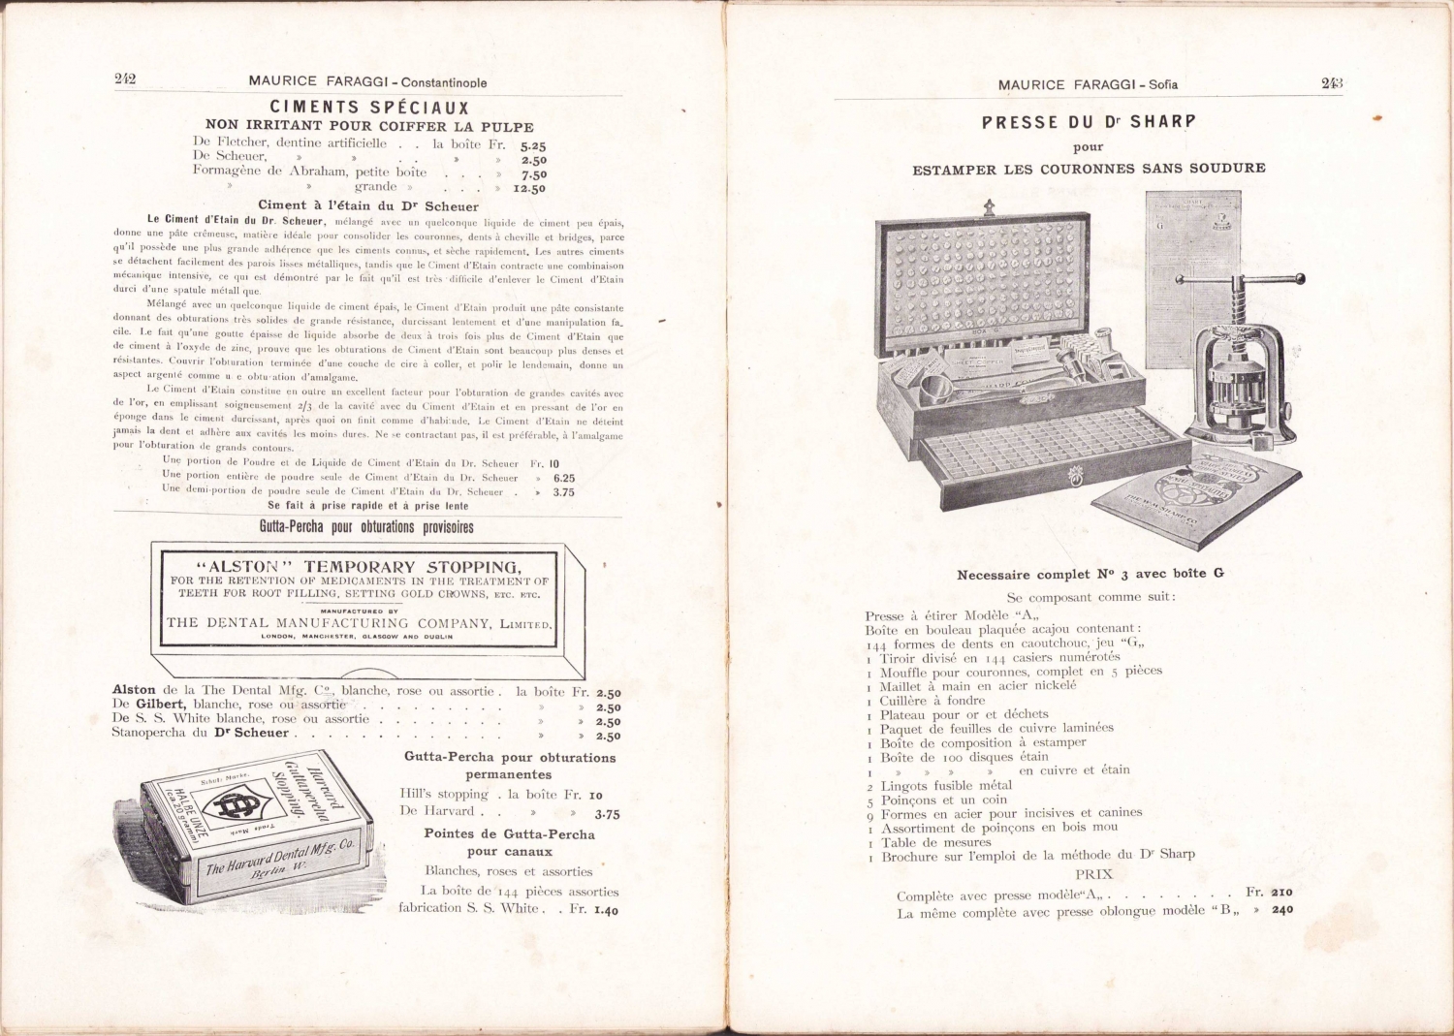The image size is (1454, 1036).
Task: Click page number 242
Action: (x=125, y=79)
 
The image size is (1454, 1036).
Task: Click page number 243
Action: (x=1332, y=83)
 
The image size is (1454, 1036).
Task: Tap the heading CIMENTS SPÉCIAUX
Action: (x=369, y=108)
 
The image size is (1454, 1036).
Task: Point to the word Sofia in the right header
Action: (x=1163, y=84)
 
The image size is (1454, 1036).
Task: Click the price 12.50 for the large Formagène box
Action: (x=529, y=189)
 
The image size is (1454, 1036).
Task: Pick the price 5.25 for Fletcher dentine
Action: (x=532, y=145)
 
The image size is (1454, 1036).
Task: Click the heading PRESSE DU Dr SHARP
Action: (x=1089, y=122)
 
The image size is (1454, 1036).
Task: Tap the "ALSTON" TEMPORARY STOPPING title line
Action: (x=358, y=567)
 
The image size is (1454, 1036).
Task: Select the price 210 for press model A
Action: (x=1282, y=893)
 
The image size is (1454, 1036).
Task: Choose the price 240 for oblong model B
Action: (x=1282, y=910)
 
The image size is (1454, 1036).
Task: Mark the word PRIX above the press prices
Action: (x=1093, y=874)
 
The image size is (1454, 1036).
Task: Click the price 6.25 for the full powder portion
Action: (x=563, y=478)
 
